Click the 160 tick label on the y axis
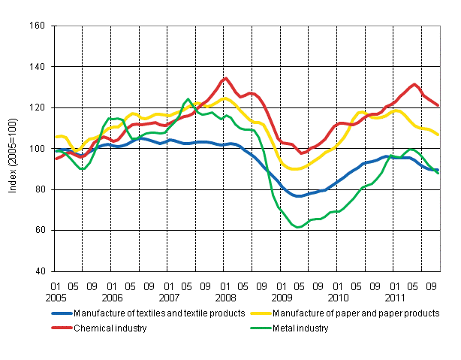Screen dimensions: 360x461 38,26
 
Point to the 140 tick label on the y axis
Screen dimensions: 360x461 38,67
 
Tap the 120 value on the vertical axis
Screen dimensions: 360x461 38,107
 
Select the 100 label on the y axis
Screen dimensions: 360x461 38,149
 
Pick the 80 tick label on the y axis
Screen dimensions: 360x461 40,189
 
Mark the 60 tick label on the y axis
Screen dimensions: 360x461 40,230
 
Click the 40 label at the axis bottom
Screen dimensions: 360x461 40,271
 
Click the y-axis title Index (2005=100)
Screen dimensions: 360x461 14,149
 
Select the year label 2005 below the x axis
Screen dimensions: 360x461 56,296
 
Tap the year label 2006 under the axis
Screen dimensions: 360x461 112,296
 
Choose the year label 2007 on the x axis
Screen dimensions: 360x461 169,296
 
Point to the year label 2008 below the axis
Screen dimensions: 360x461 225,296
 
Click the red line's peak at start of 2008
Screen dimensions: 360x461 225,78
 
